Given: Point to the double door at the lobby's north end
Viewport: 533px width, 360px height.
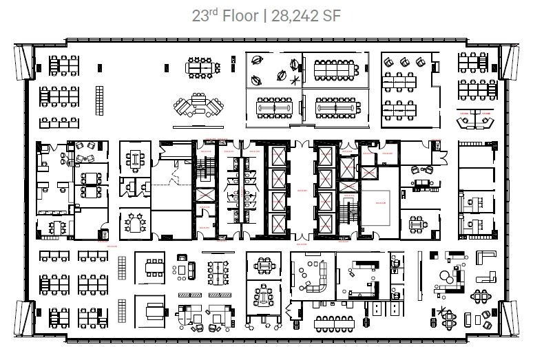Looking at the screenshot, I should [x=300, y=144].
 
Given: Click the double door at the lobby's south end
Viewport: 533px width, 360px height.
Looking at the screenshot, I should [x=300, y=239].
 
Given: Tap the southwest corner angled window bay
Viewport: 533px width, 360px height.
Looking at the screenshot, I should [x=23, y=319].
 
